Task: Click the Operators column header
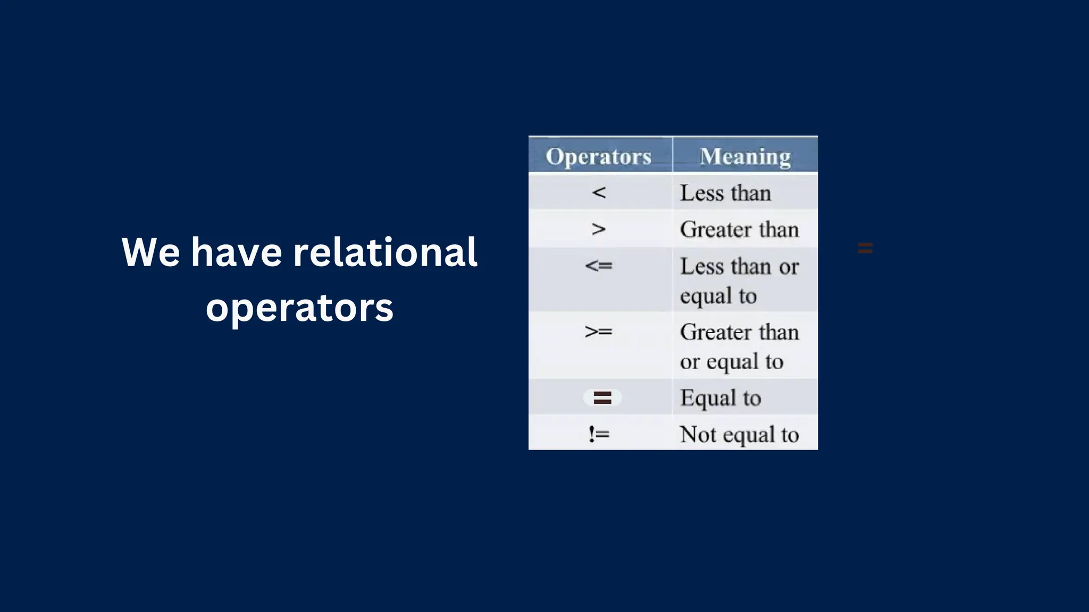(598, 156)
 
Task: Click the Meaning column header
(745, 156)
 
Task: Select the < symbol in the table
(599, 192)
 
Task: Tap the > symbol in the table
(599, 229)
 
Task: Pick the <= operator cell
(599, 265)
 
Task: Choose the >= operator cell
(599, 331)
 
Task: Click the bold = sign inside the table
(602, 397)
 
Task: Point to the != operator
(599, 434)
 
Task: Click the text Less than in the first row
(725, 193)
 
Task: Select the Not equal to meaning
(739, 435)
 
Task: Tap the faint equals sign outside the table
(865, 248)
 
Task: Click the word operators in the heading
(299, 308)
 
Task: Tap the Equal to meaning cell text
(721, 398)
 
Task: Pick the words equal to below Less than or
(718, 295)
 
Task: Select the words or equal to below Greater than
(731, 362)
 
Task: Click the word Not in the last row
(698, 435)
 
